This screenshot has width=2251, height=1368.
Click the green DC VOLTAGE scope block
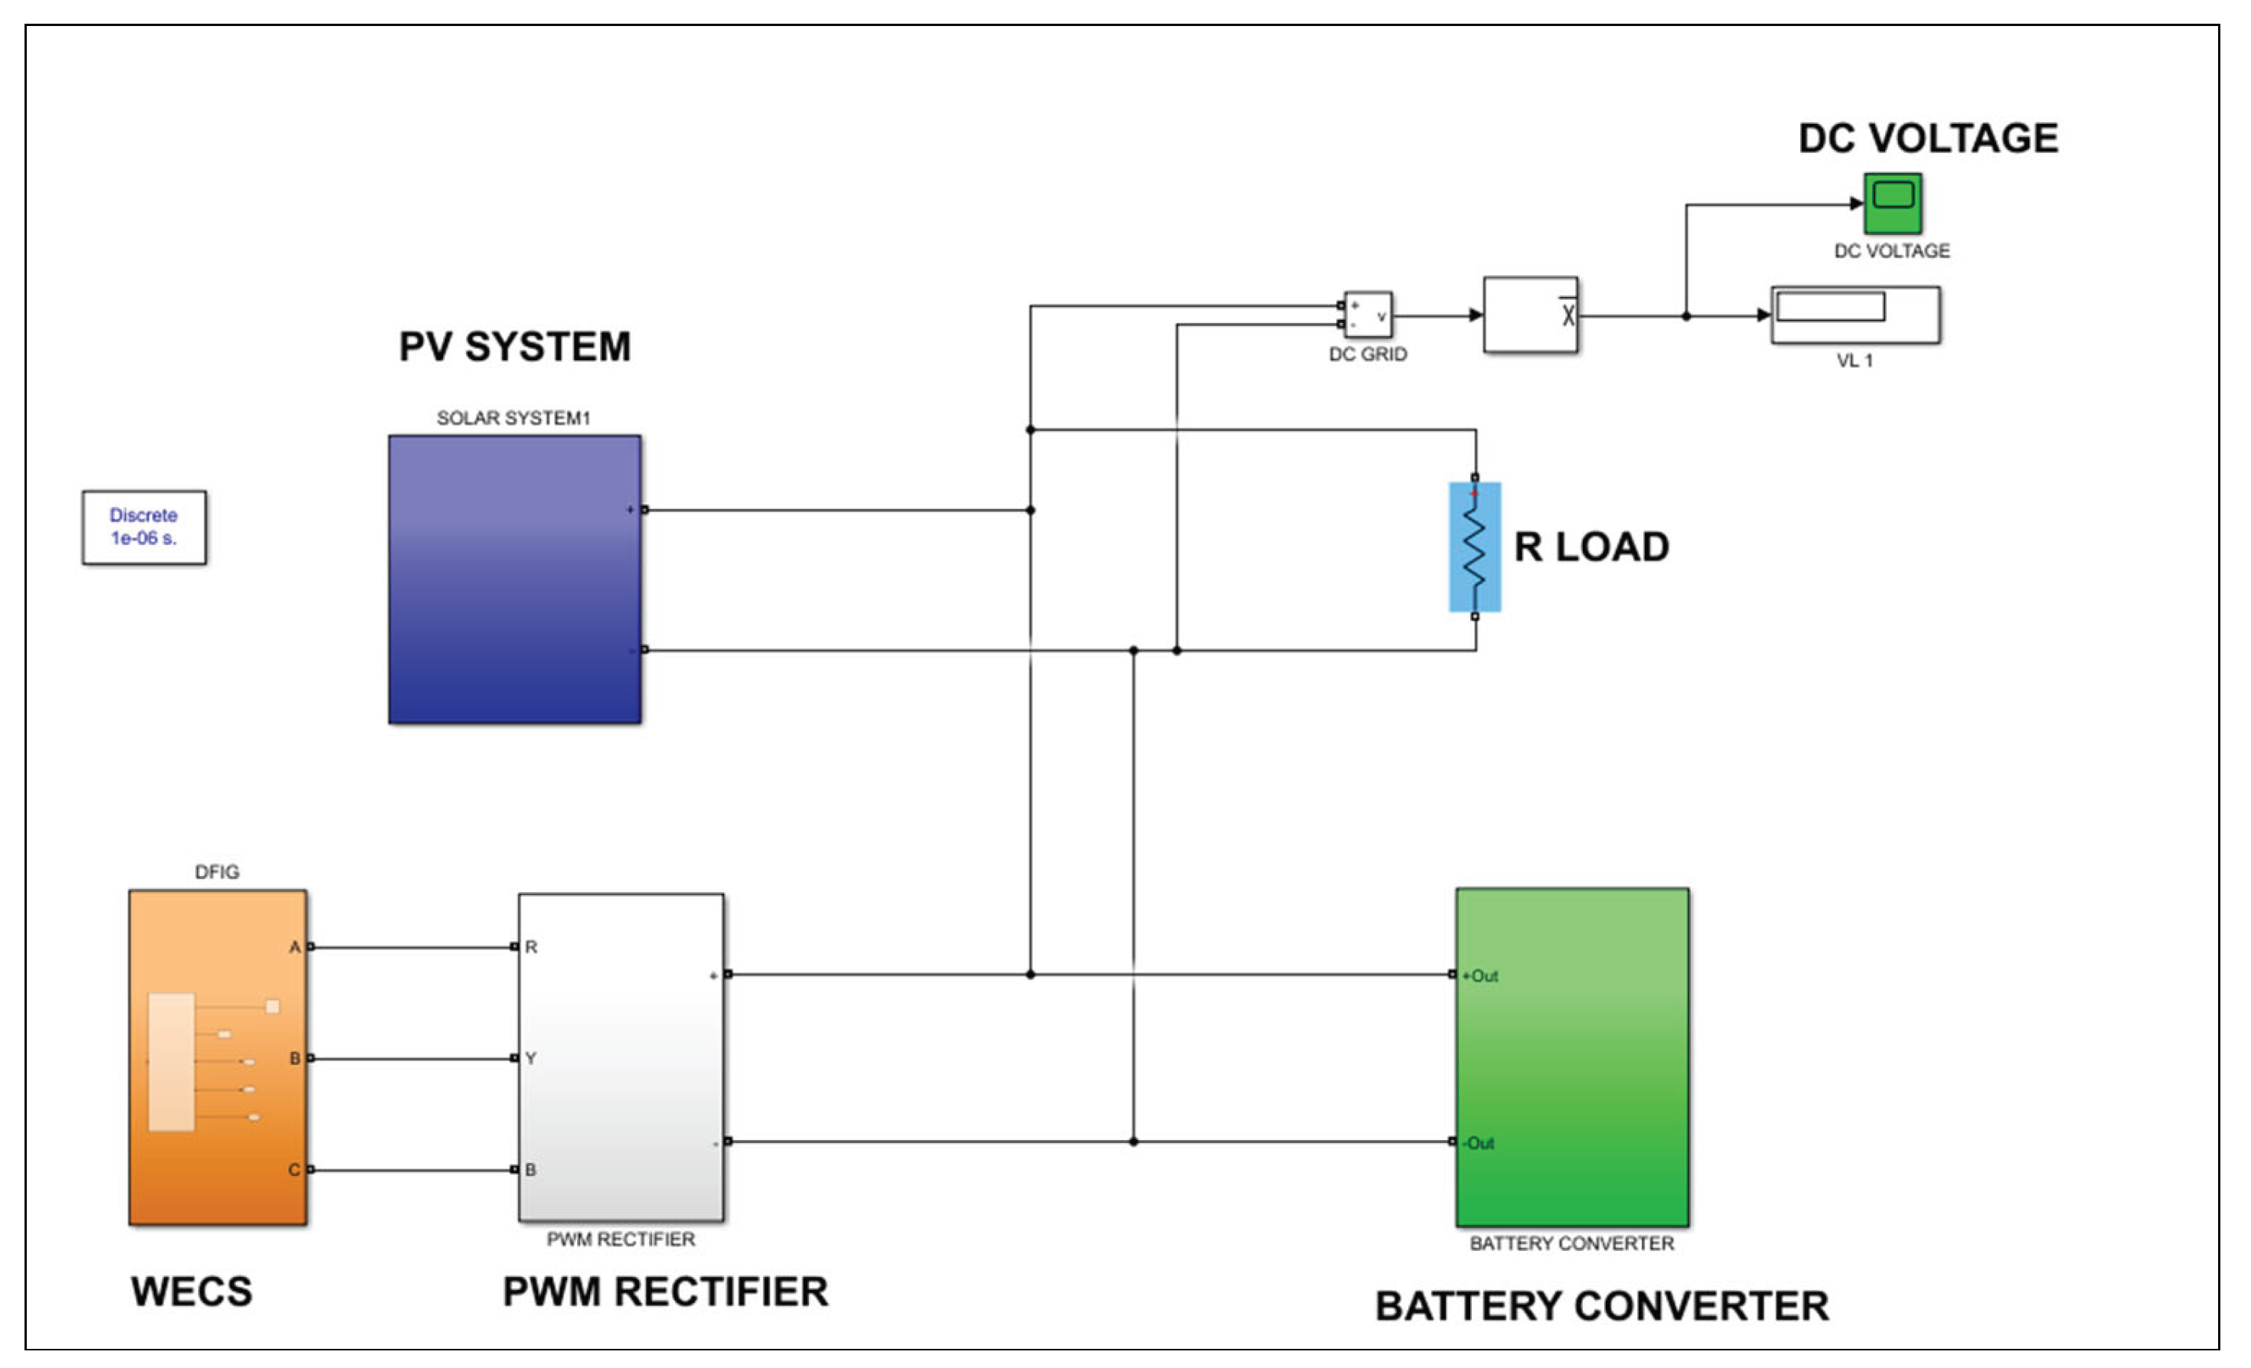pos(1892,203)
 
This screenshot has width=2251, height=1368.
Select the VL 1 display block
pos(1855,314)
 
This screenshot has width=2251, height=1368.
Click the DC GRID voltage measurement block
pos(1368,315)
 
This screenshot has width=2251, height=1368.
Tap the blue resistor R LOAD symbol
pos(1474,546)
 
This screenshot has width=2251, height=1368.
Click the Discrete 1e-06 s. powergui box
pos(145,527)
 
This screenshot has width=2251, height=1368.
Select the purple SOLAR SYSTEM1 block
pos(514,579)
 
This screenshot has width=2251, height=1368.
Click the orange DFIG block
pos(217,1057)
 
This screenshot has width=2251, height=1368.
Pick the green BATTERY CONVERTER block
pos(1571,1057)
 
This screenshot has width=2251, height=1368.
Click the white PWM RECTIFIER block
pos(621,1057)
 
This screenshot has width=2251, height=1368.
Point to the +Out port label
pos(1481,976)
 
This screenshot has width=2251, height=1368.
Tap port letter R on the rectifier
pos(530,947)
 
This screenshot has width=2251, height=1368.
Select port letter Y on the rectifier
pos(530,1058)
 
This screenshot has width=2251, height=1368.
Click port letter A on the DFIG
pos(294,947)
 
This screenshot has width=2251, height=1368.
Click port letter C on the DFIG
pos(294,1170)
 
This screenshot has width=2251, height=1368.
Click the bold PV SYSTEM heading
pos(514,347)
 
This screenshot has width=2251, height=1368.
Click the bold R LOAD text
pos(1591,547)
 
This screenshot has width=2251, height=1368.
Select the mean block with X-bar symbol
pos(1530,315)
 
